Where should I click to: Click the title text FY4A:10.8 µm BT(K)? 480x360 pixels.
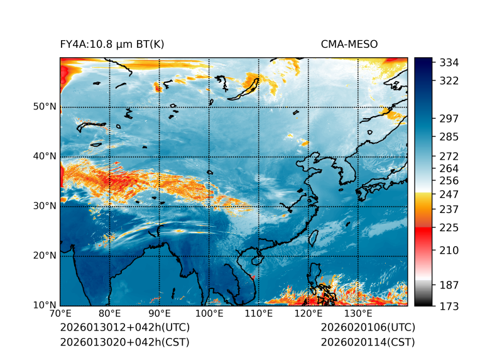tap(112, 45)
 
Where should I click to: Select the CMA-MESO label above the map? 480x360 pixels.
tap(349, 45)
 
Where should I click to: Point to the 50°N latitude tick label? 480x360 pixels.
tap(43, 107)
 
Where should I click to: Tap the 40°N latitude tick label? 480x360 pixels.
tap(43, 156)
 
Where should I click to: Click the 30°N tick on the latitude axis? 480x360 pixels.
tap(43, 206)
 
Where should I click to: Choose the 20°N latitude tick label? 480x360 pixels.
tap(43, 256)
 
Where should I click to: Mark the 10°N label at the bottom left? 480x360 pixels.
tap(43, 305)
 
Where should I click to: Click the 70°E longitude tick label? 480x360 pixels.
tap(60, 314)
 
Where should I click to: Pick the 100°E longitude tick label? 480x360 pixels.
tap(209, 314)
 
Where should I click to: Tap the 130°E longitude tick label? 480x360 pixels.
tap(358, 314)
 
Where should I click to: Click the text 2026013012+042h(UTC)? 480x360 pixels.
tap(124, 328)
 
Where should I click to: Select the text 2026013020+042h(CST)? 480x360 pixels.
tap(124, 342)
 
